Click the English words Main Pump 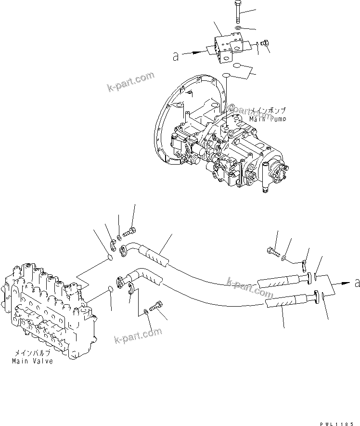point(267,119)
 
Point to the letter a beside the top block point(176,57)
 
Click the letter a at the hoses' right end point(357,284)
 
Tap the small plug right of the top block point(263,45)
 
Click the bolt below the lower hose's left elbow point(157,305)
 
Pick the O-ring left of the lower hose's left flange point(110,290)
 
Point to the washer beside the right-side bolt point(285,258)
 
